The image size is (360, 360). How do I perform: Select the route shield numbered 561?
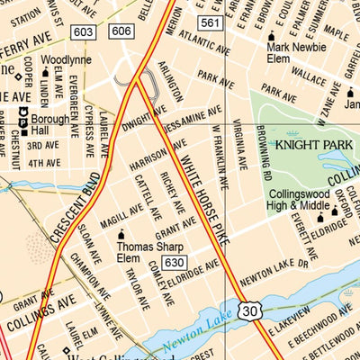click(211, 22)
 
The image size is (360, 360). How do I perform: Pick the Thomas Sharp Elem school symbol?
click(122, 235)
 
